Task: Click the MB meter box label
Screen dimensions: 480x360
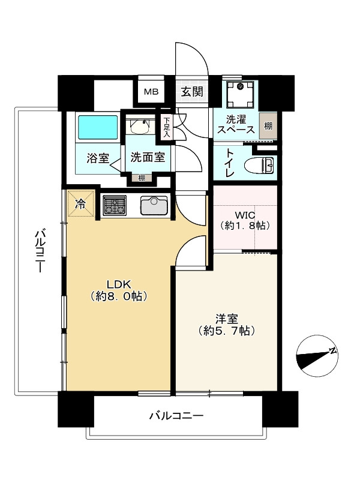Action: [150, 92]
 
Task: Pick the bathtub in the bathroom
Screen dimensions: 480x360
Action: [98, 127]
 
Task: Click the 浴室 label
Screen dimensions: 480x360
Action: [97, 159]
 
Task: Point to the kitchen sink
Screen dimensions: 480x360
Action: [156, 206]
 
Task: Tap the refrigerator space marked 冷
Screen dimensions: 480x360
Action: [80, 203]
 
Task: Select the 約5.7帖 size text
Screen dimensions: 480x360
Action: [226, 331]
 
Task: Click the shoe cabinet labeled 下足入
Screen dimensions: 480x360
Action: [166, 128]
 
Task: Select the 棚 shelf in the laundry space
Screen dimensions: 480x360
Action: [268, 126]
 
